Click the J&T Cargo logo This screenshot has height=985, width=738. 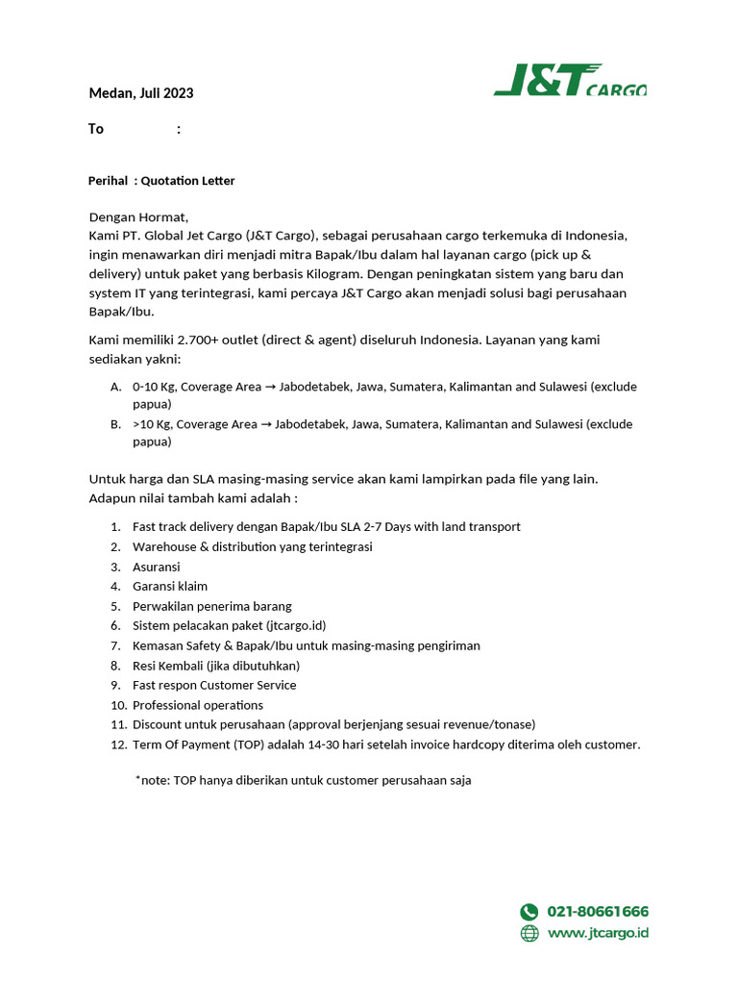tap(570, 80)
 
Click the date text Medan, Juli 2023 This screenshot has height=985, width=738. tap(140, 93)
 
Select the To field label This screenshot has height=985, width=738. tap(96, 129)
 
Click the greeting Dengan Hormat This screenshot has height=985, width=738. tap(139, 217)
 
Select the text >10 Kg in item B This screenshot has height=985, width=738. tap(152, 424)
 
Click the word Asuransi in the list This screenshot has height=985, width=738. tap(157, 567)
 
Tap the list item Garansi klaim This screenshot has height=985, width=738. tap(170, 586)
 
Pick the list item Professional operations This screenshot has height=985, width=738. tap(197, 705)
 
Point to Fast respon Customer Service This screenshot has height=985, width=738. tap(214, 685)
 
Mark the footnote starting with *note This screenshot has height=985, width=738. tap(304, 780)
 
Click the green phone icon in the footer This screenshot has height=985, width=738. tap(529, 912)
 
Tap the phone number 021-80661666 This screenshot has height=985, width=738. tap(598, 912)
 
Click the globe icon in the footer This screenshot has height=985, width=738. tap(529, 933)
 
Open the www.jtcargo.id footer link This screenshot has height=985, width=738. tap(598, 933)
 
